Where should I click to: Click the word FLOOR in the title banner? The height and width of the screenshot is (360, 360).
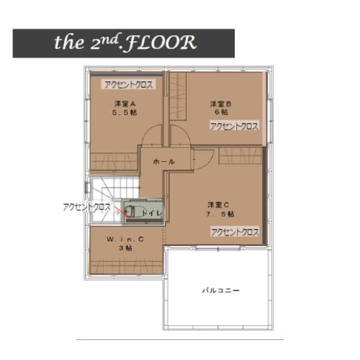tap(161, 42)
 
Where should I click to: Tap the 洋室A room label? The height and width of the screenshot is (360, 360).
tap(125, 104)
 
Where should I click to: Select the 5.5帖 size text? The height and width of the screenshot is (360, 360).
tap(125, 112)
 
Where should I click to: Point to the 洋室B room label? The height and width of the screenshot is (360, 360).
tap(220, 104)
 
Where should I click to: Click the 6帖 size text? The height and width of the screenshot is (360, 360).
tap(221, 112)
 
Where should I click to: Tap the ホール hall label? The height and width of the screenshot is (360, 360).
tap(163, 162)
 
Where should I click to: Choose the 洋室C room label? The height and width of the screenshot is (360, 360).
tap(218, 205)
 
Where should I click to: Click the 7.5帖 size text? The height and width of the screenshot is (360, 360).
tap(220, 214)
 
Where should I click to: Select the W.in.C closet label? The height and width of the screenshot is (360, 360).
tap(125, 239)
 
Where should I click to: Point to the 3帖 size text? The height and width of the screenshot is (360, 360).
tap(125, 248)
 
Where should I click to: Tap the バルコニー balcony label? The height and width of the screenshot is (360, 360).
tap(221, 291)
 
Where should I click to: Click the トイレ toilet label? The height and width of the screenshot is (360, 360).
tap(152, 212)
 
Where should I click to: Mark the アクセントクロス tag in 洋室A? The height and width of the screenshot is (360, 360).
tap(128, 85)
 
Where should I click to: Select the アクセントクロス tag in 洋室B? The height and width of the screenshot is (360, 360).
tap(234, 127)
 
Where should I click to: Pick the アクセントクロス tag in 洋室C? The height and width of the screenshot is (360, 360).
tap(235, 232)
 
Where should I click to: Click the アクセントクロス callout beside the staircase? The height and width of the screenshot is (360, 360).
tap(86, 207)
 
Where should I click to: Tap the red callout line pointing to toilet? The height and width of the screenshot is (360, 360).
tap(121, 211)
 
